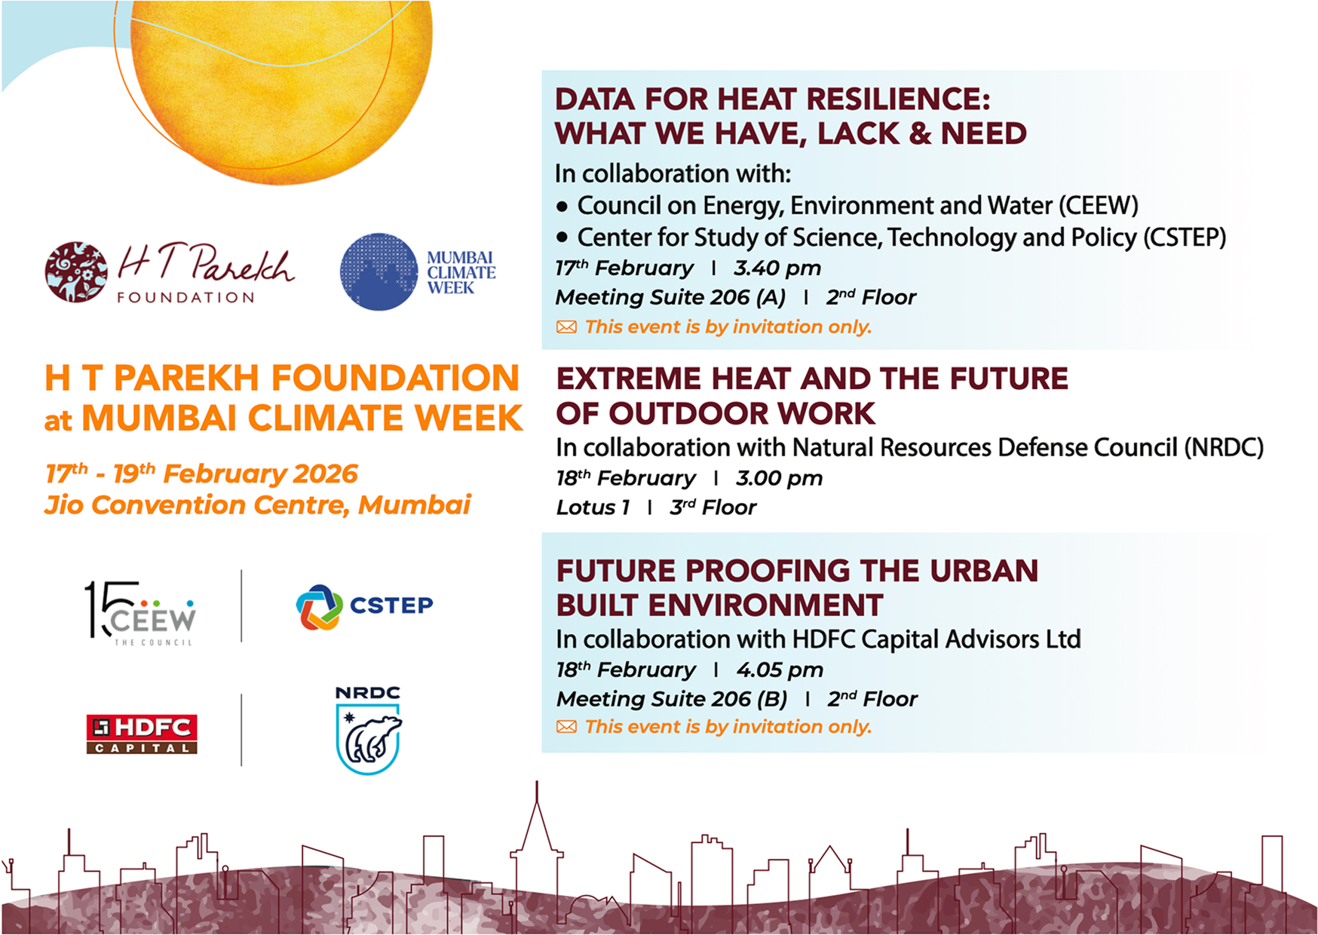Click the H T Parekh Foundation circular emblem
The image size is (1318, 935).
click(x=75, y=272)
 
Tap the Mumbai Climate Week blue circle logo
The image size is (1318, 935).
click(x=379, y=271)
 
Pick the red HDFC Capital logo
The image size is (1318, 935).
click(x=142, y=734)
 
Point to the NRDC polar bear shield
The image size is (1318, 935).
click(x=368, y=738)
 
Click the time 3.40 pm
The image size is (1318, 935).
click(x=777, y=268)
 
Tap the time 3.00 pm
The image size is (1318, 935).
click(x=780, y=479)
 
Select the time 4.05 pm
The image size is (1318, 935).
click(x=780, y=670)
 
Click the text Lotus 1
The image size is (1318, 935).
click(x=593, y=507)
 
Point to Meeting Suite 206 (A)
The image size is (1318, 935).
click(x=670, y=298)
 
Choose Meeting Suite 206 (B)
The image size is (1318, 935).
click(x=672, y=700)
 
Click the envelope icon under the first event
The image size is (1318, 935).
click(x=566, y=327)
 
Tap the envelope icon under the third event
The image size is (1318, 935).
click(x=566, y=727)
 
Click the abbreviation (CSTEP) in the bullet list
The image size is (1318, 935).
click(x=1185, y=238)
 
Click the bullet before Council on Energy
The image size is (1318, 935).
click(x=562, y=206)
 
